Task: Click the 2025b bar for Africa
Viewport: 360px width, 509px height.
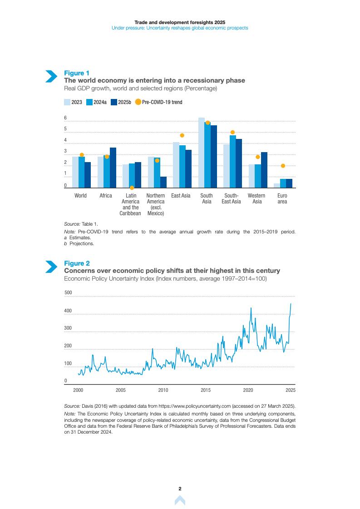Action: pos(113,168)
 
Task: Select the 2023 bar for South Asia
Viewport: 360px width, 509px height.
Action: pos(202,153)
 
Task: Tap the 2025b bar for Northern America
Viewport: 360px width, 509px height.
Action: pos(163,182)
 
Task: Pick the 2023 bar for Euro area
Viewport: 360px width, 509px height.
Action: pos(277,185)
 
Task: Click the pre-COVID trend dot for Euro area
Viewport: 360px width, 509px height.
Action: pos(283,166)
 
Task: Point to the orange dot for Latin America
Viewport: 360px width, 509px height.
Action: pos(132,188)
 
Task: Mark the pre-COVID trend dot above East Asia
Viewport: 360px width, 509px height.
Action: pos(182,135)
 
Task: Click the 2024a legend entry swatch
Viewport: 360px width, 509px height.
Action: pos(89,102)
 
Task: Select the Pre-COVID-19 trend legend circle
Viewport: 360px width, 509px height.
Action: pos(138,102)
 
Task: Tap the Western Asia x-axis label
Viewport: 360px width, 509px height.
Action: pos(257,198)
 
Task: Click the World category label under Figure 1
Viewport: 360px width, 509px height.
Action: pos(80,196)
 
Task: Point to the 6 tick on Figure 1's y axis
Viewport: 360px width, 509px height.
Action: pos(65,118)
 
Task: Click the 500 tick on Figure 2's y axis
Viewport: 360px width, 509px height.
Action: pos(68,293)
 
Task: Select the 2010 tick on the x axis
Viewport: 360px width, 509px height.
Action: pos(163,390)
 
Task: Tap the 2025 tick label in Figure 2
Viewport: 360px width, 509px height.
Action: pos(291,390)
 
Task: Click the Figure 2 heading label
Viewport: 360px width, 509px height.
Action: pos(77,263)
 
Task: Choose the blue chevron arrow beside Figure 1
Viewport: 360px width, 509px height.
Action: pos(51,76)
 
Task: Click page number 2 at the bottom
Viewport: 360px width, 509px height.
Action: pos(180,489)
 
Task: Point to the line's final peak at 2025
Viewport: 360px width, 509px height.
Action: pos(291,303)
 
